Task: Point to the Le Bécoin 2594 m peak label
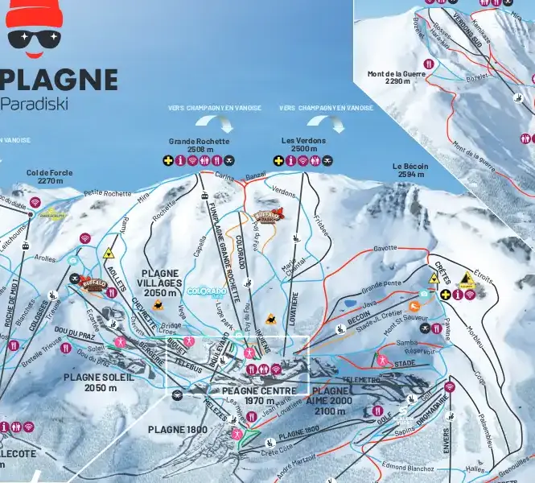tap(410, 170)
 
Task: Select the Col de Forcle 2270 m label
tap(44, 176)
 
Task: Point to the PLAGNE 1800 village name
tap(177, 429)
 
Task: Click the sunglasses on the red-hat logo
tap(33, 38)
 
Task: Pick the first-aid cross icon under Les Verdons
tap(278, 160)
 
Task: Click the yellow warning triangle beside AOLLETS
tap(108, 253)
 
